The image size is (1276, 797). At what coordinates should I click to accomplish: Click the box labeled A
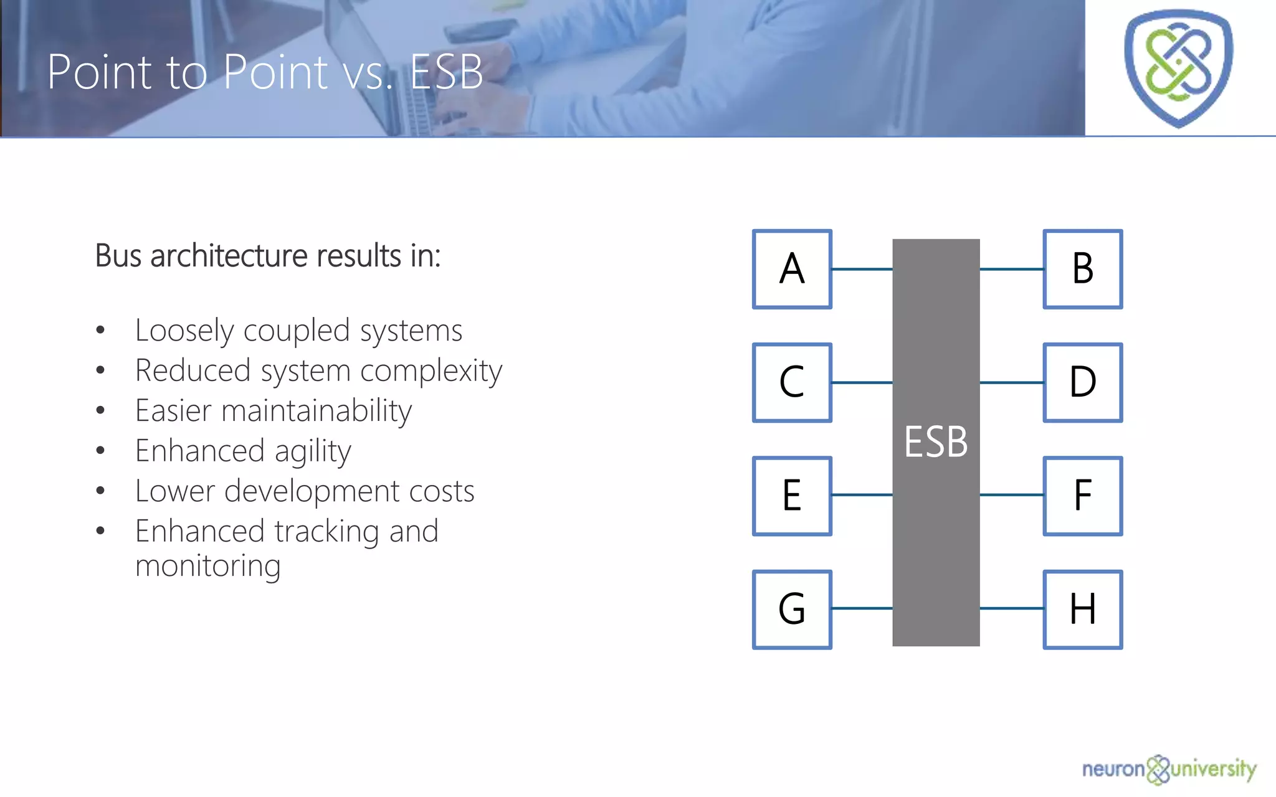pyautogui.click(x=792, y=269)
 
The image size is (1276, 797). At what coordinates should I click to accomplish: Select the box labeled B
pyautogui.click(x=1083, y=269)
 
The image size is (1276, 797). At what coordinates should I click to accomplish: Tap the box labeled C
pyautogui.click(x=792, y=382)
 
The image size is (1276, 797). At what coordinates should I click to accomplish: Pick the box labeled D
pyautogui.click(x=1083, y=382)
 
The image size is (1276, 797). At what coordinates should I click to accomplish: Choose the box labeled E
pyautogui.click(x=792, y=496)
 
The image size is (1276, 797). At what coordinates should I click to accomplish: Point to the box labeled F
pyautogui.click(x=1083, y=496)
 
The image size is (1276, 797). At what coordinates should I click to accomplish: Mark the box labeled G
pyautogui.click(x=792, y=609)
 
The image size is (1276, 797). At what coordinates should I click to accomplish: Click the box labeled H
pyautogui.click(x=1083, y=609)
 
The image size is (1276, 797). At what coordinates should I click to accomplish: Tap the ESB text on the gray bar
pyautogui.click(x=936, y=442)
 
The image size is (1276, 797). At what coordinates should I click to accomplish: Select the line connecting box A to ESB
pyautogui.click(x=862, y=269)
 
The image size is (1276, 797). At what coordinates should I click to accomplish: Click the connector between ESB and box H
pyautogui.click(x=1012, y=608)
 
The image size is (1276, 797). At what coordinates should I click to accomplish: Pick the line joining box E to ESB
pyautogui.click(x=862, y=495)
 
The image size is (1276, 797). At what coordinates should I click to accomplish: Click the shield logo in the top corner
pyautogui.click(x=1178, y=67)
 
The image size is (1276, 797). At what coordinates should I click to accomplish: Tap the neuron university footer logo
pyautogui.click(x=1169, y=770)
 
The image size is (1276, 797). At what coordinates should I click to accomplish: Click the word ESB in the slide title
pyautogui.click(x=446, y=72)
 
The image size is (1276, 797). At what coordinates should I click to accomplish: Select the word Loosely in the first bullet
pyautogui.click(x=184, y=331)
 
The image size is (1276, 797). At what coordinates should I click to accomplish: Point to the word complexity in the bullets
pyautogui.click(x=431, y=372)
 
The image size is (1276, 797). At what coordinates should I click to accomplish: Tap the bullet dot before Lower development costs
pyautogui.click(x=100, y=491)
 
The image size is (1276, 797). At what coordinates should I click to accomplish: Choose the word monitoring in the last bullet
pyautogui.click(x=208, y=566)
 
